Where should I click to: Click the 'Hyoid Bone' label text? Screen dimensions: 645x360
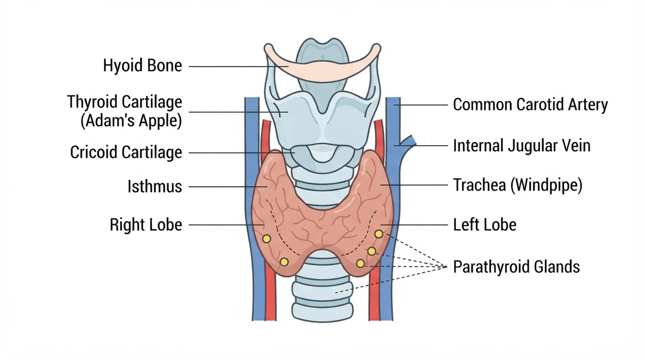(x=143, y=66)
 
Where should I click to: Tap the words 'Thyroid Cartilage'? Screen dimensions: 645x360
(x=124, y=102)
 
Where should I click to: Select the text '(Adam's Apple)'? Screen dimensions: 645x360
(x=132, y=121)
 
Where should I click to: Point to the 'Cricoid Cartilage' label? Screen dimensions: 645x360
(x=126, y=152)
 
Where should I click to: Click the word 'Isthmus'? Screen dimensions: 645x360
(x=155, y=187)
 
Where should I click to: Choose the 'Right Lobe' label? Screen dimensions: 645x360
(x=146, y=225)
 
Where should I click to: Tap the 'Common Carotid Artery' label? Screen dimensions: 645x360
(x=531, y=104)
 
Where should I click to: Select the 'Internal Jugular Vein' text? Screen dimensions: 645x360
(x=522, y=146)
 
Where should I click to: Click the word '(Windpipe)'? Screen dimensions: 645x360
(x=547, y=185)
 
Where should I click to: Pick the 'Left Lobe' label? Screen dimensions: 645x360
(x=485, y=225)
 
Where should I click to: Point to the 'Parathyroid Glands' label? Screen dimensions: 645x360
(x=517, y=267)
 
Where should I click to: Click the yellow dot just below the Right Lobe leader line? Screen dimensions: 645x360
(x=267, y=239)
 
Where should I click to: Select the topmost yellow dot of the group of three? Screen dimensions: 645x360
(x=378, y=234)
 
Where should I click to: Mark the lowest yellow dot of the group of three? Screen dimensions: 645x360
(x=360, y=263)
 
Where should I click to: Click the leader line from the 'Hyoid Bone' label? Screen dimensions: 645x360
(x=239, y=67)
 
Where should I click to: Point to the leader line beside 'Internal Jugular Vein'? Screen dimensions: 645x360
(x=421, y=146)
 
